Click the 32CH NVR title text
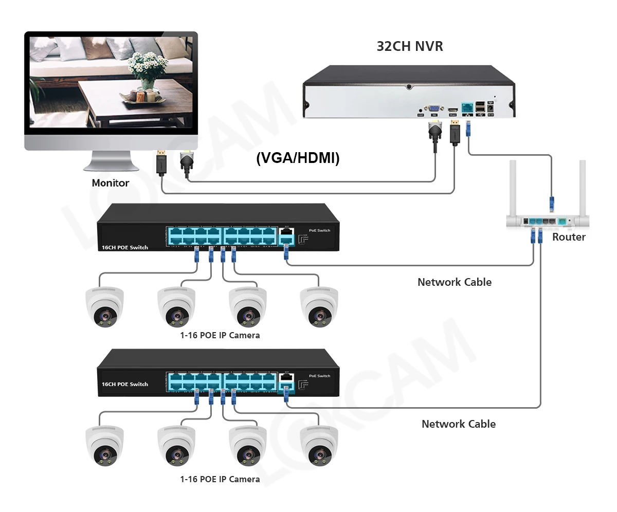pos(410,46)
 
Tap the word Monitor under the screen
pos(110,182)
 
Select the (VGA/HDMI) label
pos(298,158)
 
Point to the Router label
pos(569,237)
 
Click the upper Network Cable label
pos(454,282)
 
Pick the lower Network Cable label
pos(458,424)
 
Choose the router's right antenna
pos(583,188)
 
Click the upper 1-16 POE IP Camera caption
pos(220,335)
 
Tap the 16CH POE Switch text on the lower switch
pos(125,384)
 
